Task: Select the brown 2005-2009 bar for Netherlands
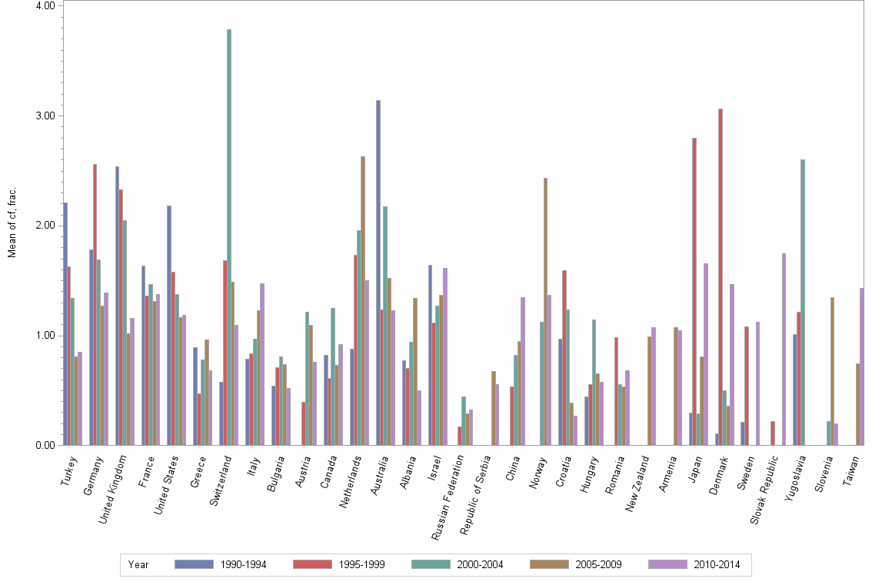[363, 300]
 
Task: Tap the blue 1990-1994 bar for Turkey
[65, 323]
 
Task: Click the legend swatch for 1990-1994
[193, 564]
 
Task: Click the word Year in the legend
[138, 564]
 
